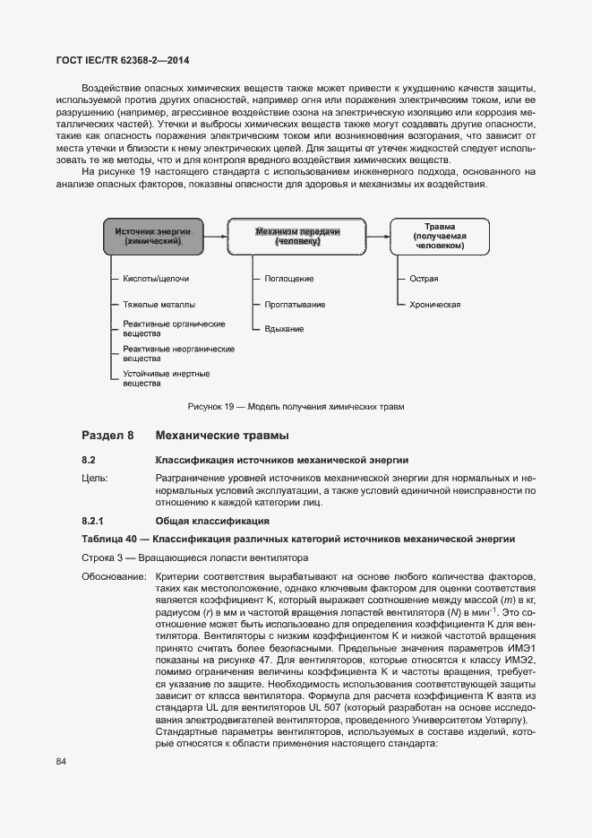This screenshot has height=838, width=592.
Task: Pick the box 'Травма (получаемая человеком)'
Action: pos(440,236)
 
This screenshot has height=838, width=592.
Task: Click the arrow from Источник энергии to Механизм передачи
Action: pos(215,237)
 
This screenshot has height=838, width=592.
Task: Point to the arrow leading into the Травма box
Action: pos(376,237)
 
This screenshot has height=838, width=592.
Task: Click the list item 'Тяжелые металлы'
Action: pos(159,305)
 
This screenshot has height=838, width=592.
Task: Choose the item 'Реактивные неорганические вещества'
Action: pos(178,353)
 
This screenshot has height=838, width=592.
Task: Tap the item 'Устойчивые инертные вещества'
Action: pos(167,378)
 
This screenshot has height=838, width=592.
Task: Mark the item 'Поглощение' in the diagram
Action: pos(288,280)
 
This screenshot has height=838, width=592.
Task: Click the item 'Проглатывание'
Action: pos(293,305)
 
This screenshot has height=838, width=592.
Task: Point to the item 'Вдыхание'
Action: pos(284,329)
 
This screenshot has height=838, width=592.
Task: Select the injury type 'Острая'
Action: pos(424,280)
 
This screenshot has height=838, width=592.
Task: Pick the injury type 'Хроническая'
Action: pos(434,305)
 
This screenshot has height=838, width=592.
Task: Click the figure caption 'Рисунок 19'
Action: pos(296,407)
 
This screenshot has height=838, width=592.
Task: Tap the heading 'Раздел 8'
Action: pos(107,436)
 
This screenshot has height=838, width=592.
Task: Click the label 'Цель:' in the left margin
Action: pos(95,479)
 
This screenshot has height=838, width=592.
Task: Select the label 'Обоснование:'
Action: pos(113,575)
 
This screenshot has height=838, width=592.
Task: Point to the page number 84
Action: pos(61,762)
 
